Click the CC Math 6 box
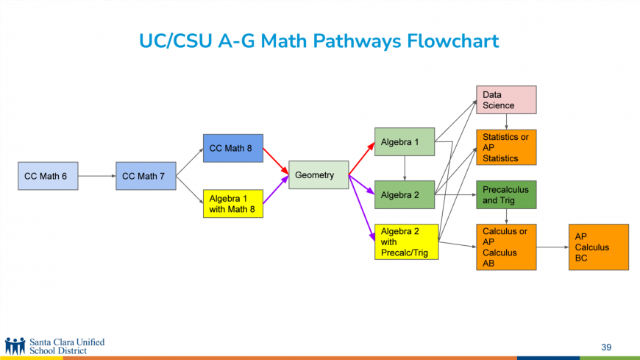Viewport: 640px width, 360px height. coord(47,176)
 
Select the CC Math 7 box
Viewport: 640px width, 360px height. coord(146,176)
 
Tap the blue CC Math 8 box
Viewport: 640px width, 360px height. coord(232,148)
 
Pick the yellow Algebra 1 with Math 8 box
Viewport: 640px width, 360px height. coord(232,204)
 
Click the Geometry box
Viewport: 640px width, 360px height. coord(318,175)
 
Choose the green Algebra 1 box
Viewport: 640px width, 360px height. coord(405,142)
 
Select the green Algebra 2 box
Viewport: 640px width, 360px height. coord(405,194)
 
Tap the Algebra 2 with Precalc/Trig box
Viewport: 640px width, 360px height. coord(406,242)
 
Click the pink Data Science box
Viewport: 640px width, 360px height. coord(506,100)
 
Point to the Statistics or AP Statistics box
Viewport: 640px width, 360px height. coord(506,147)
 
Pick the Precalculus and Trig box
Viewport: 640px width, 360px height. coord(506,194)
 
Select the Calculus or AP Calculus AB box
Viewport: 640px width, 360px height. coord(506,247)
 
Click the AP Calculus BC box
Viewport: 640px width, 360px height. coord(598,247)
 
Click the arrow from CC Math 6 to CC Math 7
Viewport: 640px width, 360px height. coord(96,176)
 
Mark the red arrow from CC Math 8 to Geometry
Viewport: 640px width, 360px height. coord(276,161)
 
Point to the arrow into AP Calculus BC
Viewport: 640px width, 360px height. coord(552,247)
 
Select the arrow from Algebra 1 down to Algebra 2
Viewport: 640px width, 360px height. coord(405,168)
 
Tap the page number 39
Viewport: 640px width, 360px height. coord(605,347)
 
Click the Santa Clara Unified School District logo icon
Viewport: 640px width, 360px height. coord(15,346)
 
